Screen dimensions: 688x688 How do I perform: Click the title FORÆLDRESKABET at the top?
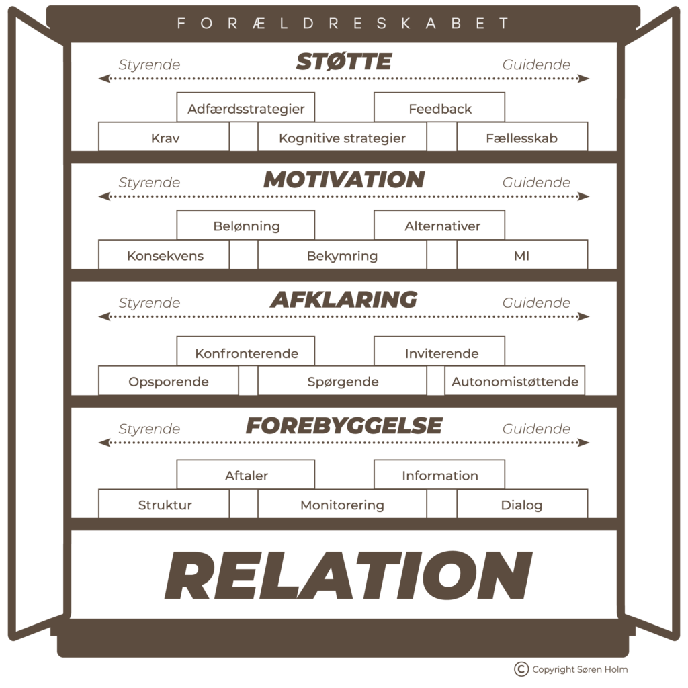point(343,23)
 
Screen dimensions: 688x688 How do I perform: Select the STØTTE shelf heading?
point(343,63)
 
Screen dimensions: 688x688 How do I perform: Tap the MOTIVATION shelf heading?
point(343,180)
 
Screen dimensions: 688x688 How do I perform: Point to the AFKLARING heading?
point(343,300)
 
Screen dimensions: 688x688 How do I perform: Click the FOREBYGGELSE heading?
point(343,425)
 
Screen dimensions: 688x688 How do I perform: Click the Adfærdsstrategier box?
point(246,108)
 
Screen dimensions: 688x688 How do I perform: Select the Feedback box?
point(439,108)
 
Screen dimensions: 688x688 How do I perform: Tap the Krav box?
point(165,139)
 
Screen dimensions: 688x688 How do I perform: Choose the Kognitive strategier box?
point(342,139)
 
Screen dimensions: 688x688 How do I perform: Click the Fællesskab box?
point(521,139)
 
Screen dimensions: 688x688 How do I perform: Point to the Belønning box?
point(246,226)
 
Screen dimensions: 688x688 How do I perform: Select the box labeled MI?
point(521,256)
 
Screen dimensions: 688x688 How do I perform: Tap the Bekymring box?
point(342,256)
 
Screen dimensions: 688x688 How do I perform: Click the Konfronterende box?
point(246,353)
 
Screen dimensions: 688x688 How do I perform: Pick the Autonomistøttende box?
point(515,382)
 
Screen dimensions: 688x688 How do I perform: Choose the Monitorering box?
point(342,505)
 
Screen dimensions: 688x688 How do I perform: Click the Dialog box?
point(521,505)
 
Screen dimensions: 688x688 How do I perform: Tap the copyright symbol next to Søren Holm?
point(521,669)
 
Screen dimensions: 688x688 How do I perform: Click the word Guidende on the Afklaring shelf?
point(536,302)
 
